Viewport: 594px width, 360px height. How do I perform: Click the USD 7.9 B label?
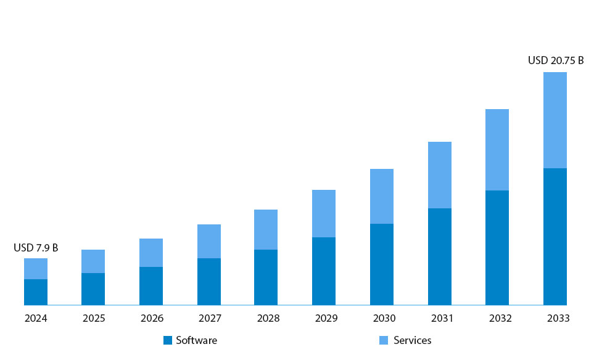point(36,248)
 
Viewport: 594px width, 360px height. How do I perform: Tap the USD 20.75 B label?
point(556,60)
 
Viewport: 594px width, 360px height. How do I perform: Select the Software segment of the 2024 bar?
point(36,292)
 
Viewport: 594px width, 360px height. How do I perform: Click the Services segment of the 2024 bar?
point(36,269)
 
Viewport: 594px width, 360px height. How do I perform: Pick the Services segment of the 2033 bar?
point(555,120)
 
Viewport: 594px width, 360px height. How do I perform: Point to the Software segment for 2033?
point(555,237)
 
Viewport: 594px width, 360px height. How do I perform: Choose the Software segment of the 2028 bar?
point(266,277)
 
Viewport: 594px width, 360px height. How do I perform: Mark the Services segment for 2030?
point(382,196)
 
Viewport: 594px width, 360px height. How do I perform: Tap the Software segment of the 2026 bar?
point(151,286)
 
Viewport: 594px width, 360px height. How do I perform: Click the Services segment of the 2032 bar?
point(497,150)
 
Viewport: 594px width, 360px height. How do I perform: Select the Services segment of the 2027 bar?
point(209,241)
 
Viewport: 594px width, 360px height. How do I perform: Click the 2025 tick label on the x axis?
point(94,319)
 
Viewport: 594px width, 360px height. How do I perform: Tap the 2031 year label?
point(440,319)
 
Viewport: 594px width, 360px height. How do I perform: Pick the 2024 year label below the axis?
point(36,319)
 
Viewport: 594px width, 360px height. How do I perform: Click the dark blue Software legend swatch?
point(167,340)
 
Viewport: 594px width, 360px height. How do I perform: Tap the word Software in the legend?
point(196,340)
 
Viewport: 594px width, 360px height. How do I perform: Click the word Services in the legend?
point(413,340)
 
